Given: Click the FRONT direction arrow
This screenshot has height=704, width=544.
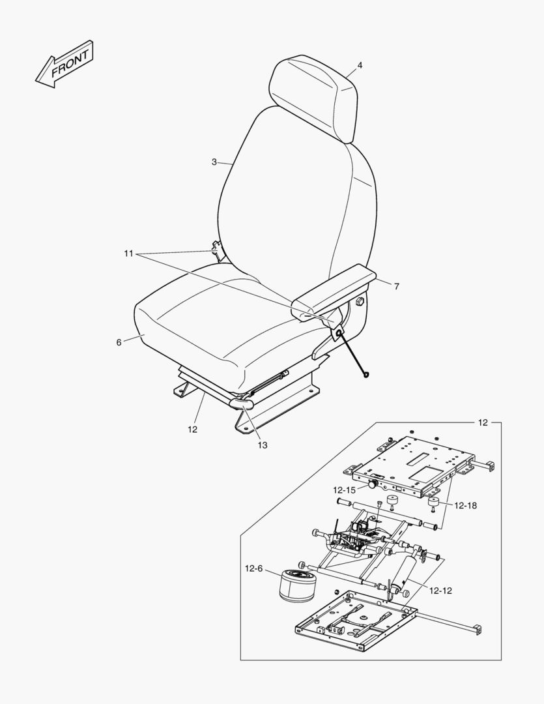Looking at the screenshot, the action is (64, 65).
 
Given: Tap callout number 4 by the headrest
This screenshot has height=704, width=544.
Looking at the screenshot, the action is (360, 66).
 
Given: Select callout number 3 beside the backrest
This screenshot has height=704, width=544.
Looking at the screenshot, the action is (214, 162).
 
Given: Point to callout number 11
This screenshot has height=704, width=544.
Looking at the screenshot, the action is (129, 254).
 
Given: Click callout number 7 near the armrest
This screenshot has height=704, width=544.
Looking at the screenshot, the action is (396, 286).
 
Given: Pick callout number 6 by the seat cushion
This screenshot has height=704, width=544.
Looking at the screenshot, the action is (119, 343).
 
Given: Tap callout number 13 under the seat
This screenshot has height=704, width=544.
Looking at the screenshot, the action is (263, 445).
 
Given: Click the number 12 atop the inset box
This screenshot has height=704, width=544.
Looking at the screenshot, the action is (483, 422).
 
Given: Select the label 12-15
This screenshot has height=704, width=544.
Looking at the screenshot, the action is (344, 490).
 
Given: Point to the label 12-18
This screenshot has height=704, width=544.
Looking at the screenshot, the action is (465, 506).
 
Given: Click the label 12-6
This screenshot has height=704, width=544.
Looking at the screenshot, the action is (253, 569).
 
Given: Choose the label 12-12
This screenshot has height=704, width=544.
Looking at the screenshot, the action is (440, 591).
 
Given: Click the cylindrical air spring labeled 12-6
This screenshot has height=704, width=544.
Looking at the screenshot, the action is (298, 584).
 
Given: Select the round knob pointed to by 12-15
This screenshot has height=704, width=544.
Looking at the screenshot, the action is (372, 485).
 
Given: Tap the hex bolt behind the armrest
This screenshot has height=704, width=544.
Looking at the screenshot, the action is (359, 302).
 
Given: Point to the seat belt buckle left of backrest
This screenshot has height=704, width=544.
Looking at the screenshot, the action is (217, 250).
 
